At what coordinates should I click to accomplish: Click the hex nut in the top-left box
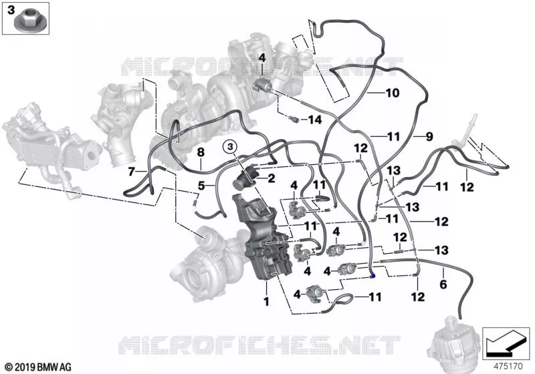[x=27, y=21]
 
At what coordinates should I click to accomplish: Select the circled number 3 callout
[x=230, y=147]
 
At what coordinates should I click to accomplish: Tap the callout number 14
[x=314, y=120]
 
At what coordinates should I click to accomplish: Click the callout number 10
[x=393, y=93]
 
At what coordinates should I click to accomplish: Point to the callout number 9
[x=429, y=137]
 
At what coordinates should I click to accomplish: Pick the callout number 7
[x=131, y=172]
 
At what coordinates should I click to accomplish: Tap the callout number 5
[x=201, y=186]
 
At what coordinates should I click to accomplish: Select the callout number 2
[x=272, y=178]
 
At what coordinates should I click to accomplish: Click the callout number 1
[x=266, y=301]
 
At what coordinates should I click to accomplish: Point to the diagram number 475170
[x=508, y=367]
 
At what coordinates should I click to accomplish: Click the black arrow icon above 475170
[x=505, y=343]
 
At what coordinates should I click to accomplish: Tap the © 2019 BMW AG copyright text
[x=38, y=367]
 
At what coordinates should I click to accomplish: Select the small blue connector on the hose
[x=374, y=275]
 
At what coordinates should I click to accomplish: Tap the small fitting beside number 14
[x=294, y=120]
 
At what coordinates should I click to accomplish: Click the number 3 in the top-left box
[x=11, y=10]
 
